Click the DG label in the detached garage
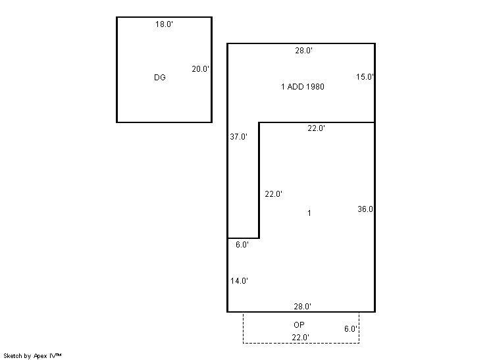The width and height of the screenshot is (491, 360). tap(160, 77)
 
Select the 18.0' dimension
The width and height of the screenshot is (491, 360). tap(164, 24)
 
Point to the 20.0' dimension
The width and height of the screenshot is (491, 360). tap(200, 69)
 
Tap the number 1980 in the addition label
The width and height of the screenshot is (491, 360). tap(315, 87)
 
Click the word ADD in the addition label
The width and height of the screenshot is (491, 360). tap(296, 87)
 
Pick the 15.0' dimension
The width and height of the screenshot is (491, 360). tap(365, 77)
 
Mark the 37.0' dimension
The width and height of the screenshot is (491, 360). tap(239, 136)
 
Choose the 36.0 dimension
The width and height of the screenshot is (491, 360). tap(365, 209)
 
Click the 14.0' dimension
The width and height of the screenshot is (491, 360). tap(239, 281)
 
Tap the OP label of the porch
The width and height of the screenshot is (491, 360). tap(299, 325)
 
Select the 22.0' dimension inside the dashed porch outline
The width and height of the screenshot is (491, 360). tap(301, 338)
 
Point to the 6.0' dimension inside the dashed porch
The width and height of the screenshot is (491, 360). tap(351, 328)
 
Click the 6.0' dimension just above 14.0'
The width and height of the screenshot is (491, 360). tap(242, 245)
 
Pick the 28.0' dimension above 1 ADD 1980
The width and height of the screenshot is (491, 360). tap(303, 51)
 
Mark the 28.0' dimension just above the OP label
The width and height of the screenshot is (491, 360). tap(303, 307)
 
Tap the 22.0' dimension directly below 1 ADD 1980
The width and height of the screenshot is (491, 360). tap(317, 128)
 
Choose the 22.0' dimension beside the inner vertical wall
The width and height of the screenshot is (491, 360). tap(274, 194)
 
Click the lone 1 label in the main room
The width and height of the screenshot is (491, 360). tap(309, 213)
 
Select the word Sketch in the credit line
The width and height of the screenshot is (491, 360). tap(13, 355)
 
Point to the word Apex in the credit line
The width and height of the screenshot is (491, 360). tap(40, 356)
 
